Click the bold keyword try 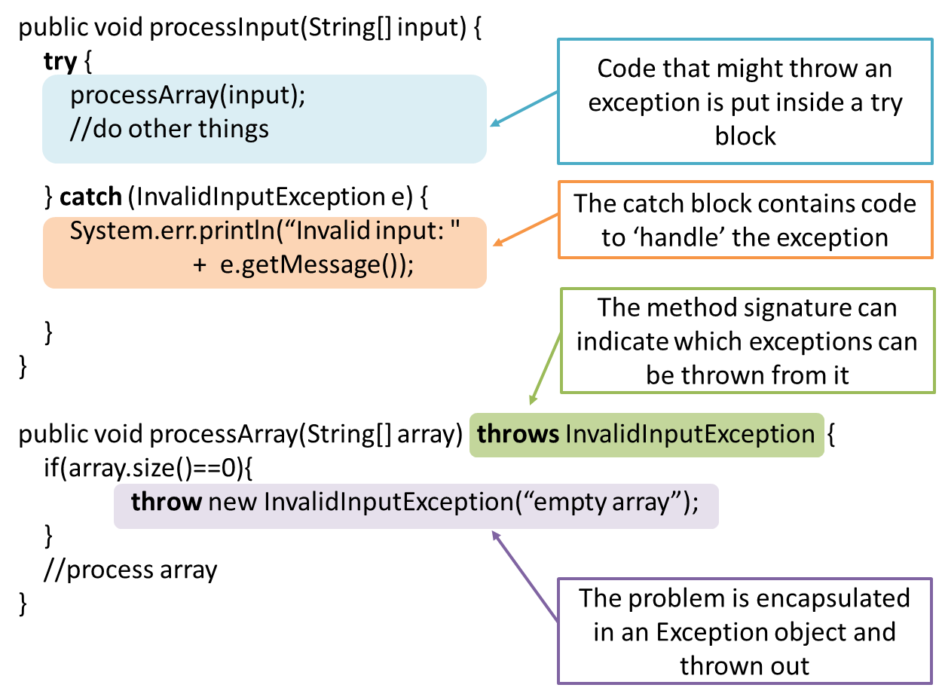pos(60,62)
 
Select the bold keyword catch pos(90,197)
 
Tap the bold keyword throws pos(518,435)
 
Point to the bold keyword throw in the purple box pos(166,502)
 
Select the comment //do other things pos(169,129)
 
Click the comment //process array pos(130,570)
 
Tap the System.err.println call pos(173,231)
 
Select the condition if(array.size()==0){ pos(151,469)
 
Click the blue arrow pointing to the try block pos(524,109)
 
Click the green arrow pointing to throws pos(547,358)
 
